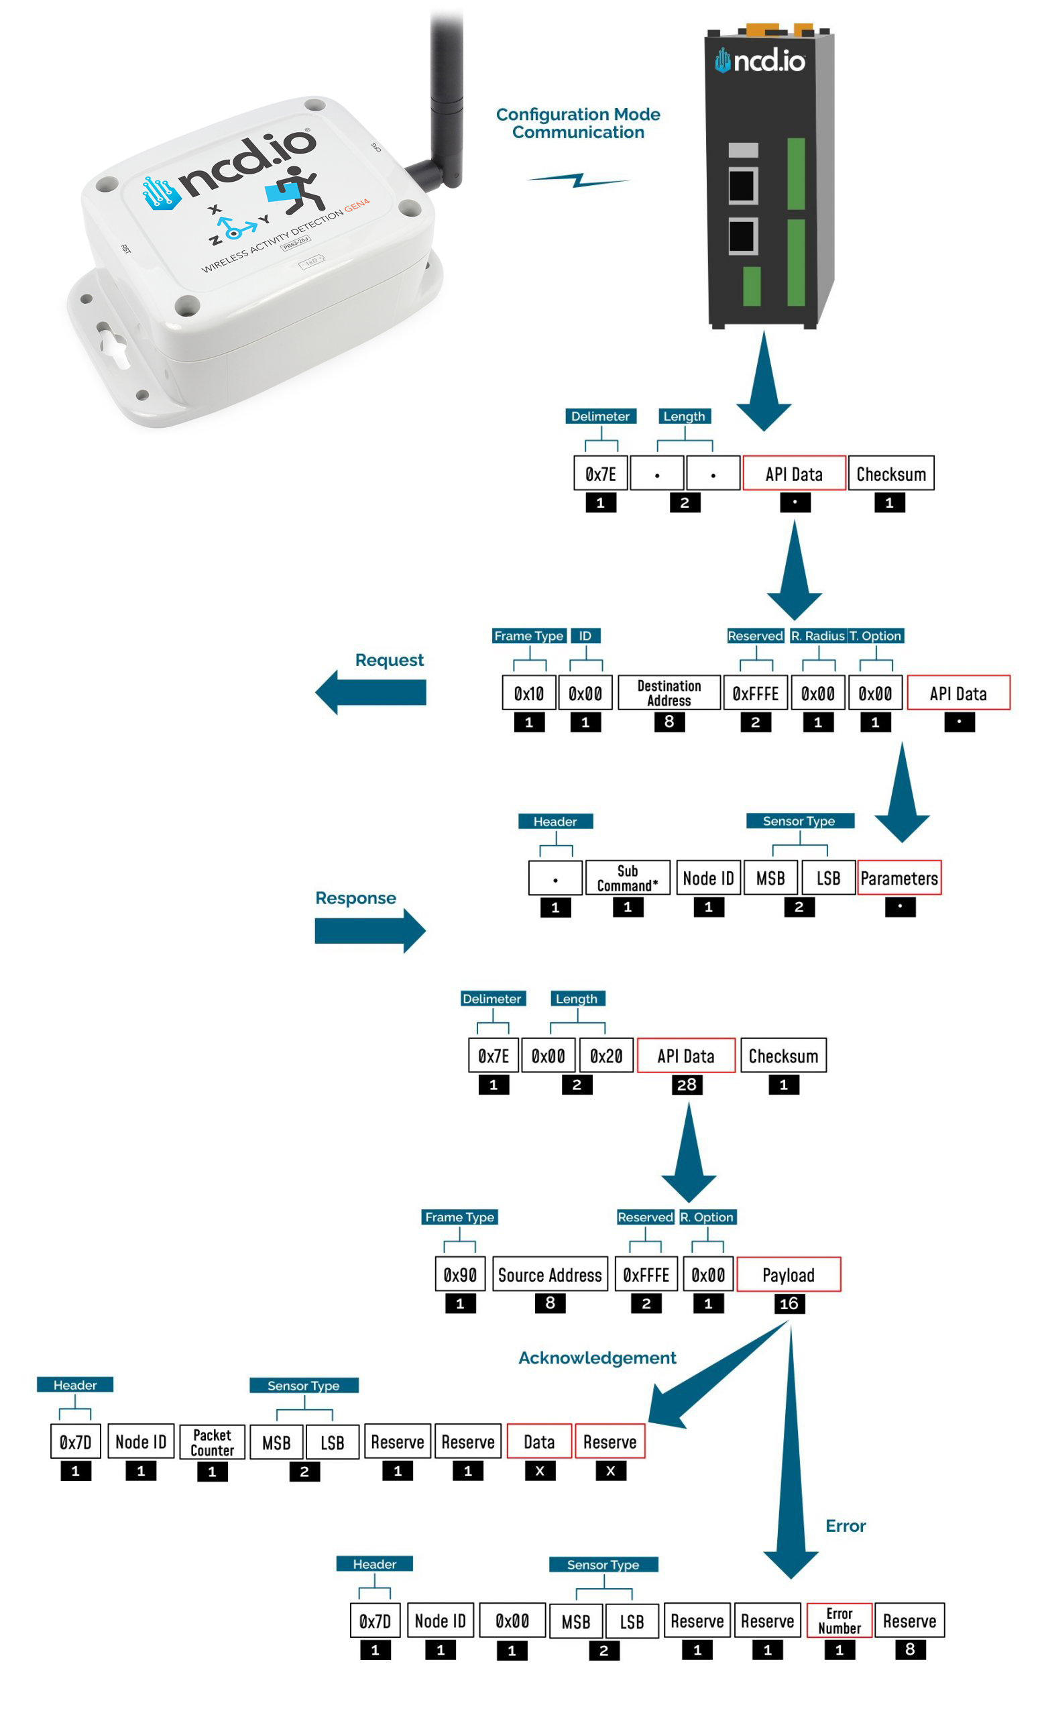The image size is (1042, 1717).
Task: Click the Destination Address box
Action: [x=669, y=693]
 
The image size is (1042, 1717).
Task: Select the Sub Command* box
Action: [x=627, y=878]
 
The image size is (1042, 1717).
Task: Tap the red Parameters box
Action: [x=899, y=878]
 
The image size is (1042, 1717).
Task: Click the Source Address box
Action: [x=550, y=1274]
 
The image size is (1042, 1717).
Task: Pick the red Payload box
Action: [x=789, y=1274]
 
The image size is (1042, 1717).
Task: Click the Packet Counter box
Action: [x=212, y=1442]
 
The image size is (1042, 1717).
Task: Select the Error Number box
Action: [x=840, y=1621]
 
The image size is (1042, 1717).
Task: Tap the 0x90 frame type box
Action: [x=460, y=1274]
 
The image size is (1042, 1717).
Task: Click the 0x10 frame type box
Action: [x=528, y=693]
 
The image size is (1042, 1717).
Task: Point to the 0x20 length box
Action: [x=606, y=1056]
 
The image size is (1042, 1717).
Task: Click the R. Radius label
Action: [x=818, y=636]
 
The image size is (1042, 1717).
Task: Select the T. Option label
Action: [x=875, y=636]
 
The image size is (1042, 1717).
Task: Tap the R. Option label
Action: [x=707, y=1217]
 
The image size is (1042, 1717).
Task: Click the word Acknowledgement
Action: [x=597, y=1358]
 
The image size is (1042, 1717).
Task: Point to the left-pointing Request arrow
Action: [x=371, y=692]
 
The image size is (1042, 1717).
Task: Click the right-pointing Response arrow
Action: [x=371, y=930]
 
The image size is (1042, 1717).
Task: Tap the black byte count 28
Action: [x=686, y=1085]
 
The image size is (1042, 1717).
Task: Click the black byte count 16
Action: [x=789, y=1304]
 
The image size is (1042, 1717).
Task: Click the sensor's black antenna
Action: [x=446, y=105]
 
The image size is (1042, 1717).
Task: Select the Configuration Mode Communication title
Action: [x=578, y=123]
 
